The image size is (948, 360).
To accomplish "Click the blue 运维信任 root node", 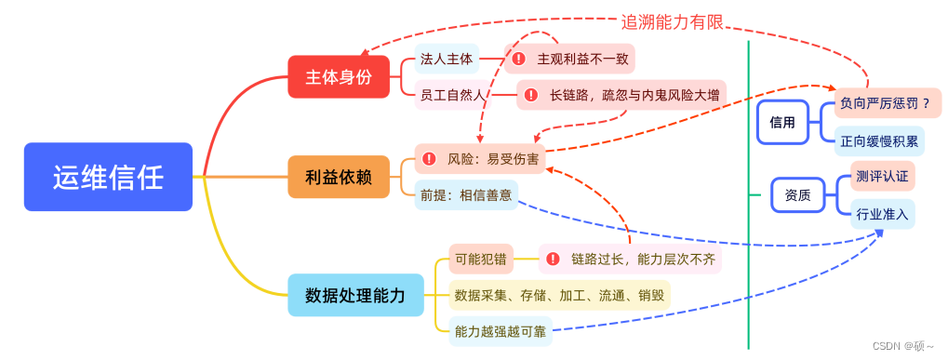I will (x=108, y=176).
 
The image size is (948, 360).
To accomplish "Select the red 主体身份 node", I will (x=339, y=77).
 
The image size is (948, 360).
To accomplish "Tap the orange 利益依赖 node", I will (x=339, y=177).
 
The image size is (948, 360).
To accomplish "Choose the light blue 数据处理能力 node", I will (x=355, y=295).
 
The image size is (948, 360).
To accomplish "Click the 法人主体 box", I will (x=447, y=60).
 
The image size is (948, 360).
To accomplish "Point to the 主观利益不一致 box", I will (x=570, y=60).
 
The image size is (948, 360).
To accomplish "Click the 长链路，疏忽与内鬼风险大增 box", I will (x=621, y=95).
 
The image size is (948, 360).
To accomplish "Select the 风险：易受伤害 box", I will (x=479, y=159).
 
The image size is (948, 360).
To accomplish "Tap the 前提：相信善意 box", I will (x=466, y=194).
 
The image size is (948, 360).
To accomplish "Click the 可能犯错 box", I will (x=480, y=260).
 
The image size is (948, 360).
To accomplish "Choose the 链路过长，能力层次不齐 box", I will (x=630, y=260).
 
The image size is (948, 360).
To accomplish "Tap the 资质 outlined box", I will (x=797, y=195).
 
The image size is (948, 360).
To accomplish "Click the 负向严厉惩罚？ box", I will (x=884, y=104).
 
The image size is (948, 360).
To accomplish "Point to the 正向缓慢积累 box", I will (x=879, y=141).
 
